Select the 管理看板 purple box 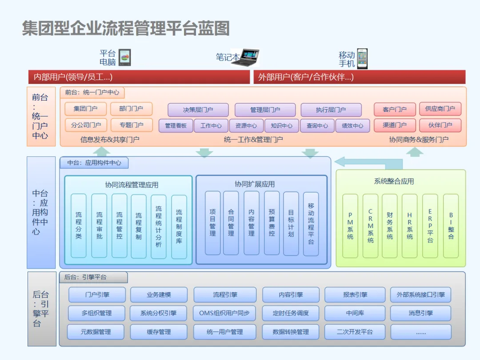tap(176, 126)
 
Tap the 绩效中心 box tap(352, 126)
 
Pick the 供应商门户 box tap(440, 109)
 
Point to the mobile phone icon tap(363, 59)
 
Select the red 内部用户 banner tap(139, 77)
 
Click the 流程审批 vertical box tap(99, 226)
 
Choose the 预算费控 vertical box tap(272, 223)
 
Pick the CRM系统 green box tap(370, 226)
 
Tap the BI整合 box tap(451, 226)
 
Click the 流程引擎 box tap(225, 295)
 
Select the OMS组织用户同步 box tap(225, 313)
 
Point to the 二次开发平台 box tap(354, 332)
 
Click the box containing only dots tap(420, 332)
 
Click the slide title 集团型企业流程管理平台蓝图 tap(126, 28)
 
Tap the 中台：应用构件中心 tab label tap(94, 163)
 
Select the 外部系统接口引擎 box tap(420, 295)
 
